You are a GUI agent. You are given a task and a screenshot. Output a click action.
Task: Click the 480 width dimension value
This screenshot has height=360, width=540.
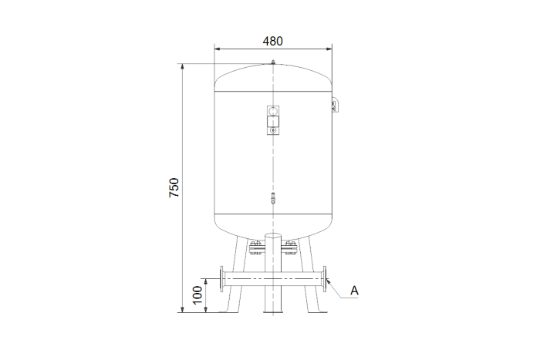273,42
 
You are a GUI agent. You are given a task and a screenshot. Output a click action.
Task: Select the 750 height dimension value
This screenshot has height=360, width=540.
174,187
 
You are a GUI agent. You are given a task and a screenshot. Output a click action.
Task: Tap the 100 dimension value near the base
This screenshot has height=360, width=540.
197,295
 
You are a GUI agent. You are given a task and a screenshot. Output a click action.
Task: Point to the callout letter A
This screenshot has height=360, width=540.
354,291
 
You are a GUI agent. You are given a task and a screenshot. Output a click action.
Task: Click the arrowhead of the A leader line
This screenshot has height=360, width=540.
329,282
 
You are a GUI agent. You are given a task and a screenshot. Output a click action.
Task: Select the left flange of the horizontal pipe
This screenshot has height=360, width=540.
222,279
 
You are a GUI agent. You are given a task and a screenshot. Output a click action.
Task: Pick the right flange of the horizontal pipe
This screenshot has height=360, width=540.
325,279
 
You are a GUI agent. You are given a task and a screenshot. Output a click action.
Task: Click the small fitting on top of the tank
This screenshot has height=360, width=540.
273,62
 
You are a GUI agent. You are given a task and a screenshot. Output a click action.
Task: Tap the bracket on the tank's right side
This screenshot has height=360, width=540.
335,105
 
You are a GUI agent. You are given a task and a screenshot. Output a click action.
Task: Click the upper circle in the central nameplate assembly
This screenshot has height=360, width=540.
273,111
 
